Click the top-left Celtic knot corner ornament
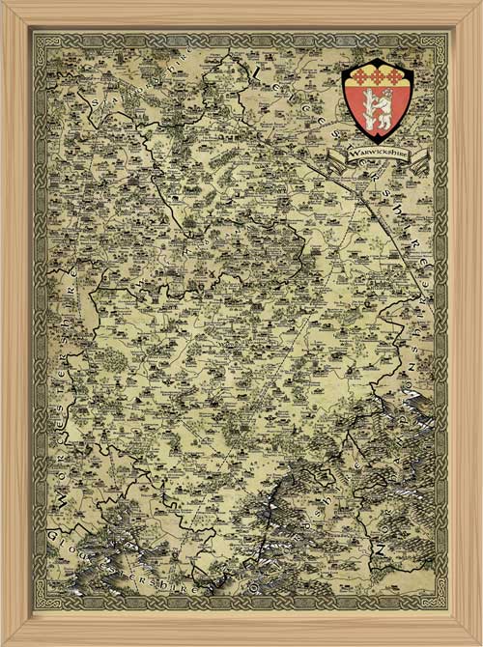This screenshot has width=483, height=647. pyautogui.click(x=41, y=39)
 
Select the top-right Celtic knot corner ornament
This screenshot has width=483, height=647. pyautogui.click(x=442, y=39)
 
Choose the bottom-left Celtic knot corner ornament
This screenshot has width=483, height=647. pyautogui.click(x=41, y=606)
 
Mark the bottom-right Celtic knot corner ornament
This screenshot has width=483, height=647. pyautogui.click(x=442, y=606)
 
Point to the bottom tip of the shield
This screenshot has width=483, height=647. pyautogui.click(x=378, y=141)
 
